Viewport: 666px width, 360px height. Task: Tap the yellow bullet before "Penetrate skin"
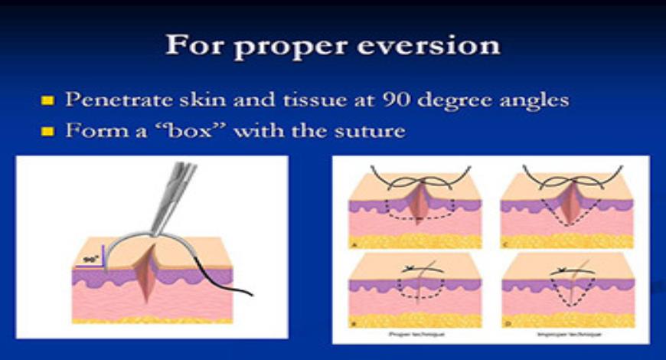pos(47,100)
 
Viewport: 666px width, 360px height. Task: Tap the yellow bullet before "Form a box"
pos(47,131)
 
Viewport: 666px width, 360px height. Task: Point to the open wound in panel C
pos(567,203)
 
